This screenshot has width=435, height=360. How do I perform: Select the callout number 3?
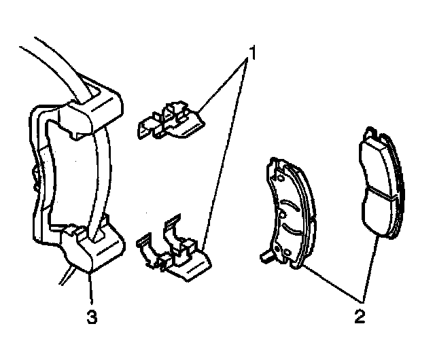coord(91,316)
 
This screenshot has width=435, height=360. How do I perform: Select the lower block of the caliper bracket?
coord(95,248)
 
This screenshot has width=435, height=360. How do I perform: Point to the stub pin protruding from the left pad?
coord(265,257)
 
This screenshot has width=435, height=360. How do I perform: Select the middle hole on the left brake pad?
coord(280,215)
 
